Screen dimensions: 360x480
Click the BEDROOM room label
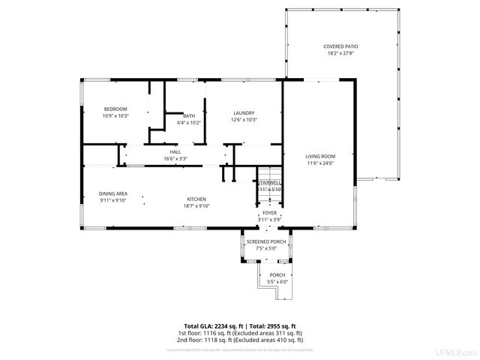[x=115, y=109]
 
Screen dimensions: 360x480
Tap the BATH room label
[x=189, y=115]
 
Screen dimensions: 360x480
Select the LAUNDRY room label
[x=244, y=113]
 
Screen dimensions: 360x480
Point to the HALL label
[x=175, y=151]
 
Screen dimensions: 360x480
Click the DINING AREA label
[x=113, y=193]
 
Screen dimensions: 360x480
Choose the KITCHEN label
[x=197, y=199]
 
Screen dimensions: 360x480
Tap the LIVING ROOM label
[x=320, y=156]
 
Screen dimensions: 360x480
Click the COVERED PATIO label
[x=340, y=46]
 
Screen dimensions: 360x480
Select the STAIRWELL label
[x=270, y=182]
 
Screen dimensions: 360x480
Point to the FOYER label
[x=269, y=213]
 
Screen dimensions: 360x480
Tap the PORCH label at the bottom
[x=277, y=274]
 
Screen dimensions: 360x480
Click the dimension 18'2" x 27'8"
[x=340, y=53]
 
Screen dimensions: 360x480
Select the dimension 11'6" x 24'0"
[x=320, y=163]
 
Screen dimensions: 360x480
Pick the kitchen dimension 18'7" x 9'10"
[x=197, y=205]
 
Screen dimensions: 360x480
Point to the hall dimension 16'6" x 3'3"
[x=175, y=158]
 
